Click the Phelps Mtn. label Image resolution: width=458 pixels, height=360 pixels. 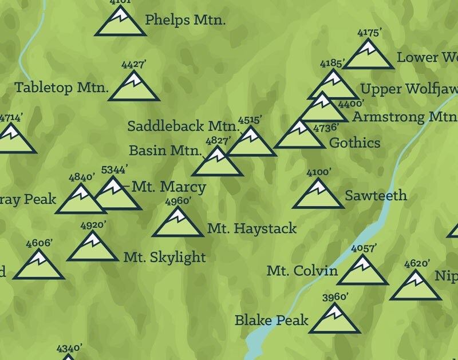point(185,20)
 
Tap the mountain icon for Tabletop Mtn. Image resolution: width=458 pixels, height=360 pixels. point(134,88)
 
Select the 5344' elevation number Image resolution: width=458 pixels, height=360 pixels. point(114,169)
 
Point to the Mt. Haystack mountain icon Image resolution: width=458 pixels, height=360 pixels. point(178,223)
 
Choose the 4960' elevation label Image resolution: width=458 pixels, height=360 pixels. point(177,201)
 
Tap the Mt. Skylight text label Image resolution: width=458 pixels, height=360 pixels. point(164,257)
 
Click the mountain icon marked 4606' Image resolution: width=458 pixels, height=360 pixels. point(39,266)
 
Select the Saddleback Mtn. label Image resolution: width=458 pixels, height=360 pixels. point(183,126)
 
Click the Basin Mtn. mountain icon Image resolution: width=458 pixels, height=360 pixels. point(217,163)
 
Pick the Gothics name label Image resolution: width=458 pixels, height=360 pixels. point(354,143)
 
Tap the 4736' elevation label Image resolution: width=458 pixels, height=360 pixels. point(326,128)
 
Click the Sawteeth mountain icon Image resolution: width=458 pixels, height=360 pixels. point(318,196)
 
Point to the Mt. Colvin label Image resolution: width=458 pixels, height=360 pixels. point(302,271)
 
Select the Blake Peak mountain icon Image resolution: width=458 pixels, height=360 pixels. point(334,321)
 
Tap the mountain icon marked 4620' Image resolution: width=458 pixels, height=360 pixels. point(416,287)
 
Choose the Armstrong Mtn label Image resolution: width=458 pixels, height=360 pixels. point(404,117)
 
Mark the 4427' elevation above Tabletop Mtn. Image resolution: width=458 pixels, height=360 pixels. point(134,65)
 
